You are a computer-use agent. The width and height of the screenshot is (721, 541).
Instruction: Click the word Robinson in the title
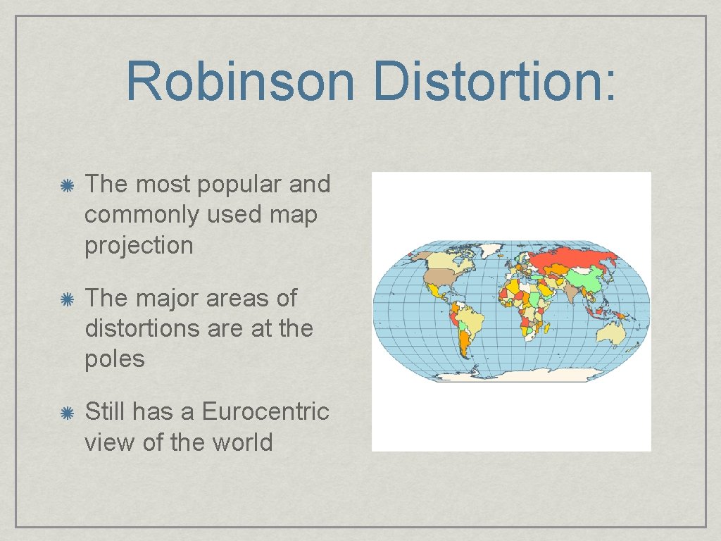click(240, 81)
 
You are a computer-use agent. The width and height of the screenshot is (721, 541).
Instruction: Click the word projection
click(139, 245)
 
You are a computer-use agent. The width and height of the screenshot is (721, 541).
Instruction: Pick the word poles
click(114, 359)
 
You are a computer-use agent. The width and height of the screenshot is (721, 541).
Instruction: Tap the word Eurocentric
click(265, 411)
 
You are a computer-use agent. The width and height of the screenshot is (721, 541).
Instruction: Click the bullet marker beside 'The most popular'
click(68, 185)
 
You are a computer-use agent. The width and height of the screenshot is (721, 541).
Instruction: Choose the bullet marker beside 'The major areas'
click(68, 299)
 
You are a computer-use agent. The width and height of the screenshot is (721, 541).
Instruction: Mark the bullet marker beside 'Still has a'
click(68, 412)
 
